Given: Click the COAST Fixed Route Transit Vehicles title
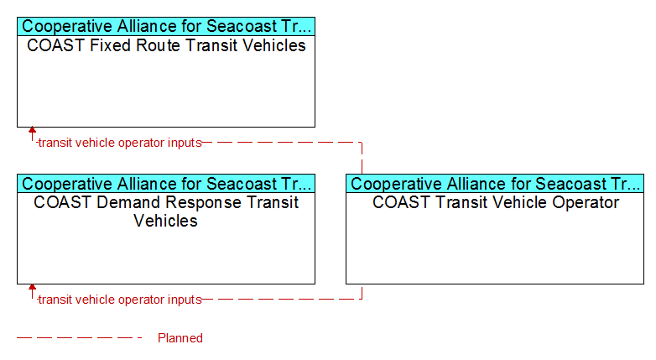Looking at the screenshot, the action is [166, 45].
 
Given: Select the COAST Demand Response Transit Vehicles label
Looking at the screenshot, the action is [166, 211].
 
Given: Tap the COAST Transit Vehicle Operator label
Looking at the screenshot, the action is [496, 202].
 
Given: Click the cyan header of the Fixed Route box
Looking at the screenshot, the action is [166, 26].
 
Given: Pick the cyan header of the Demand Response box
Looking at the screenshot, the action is [166, 183].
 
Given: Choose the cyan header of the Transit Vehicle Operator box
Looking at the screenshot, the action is [495, 183].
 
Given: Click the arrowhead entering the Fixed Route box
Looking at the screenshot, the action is [32, 130].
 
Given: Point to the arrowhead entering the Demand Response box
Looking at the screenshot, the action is [32, 287].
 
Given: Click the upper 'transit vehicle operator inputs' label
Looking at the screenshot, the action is [120, 143].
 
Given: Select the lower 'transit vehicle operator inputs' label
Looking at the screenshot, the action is [120, 300].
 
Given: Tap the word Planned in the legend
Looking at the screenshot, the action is [180, 338].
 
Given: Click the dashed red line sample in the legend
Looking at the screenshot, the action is [80, 337].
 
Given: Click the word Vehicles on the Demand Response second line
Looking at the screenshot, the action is [165, 221].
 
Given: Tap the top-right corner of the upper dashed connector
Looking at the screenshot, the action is [362, 143].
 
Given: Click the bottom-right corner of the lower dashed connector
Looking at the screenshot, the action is [362, 300].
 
